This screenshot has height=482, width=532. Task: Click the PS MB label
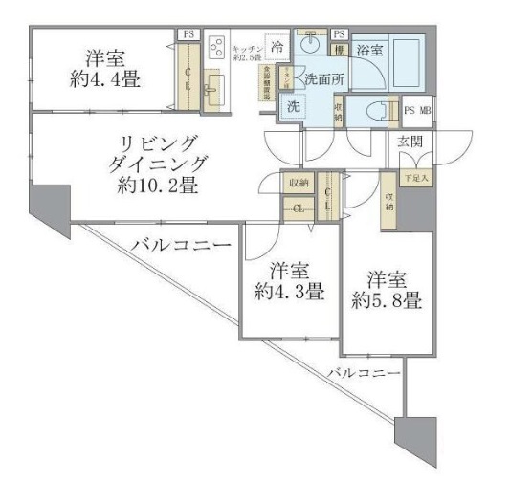tap(418, 110)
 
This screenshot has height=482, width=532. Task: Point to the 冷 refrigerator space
tap(277, 46)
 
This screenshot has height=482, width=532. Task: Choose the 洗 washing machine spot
tap(293, 107)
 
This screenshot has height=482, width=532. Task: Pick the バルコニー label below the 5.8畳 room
tap(362, 371)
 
